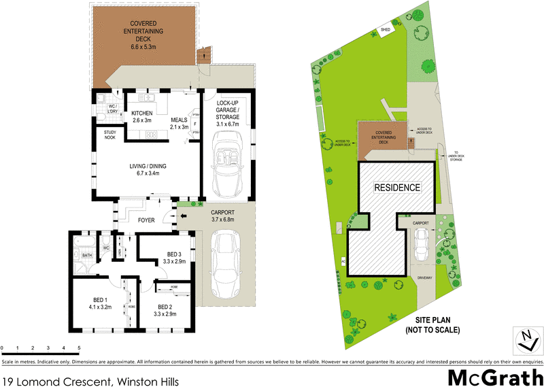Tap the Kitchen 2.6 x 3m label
click(x=142, y=116)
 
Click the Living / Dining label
click(x=148, y=169)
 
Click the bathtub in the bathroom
click(x=87, y=243)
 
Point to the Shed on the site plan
click(x=386, y=30)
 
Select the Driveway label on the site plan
click(x=425, y=277)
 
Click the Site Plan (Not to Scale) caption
click(x=433, y=324)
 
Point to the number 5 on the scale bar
click(x=80, y=348)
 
